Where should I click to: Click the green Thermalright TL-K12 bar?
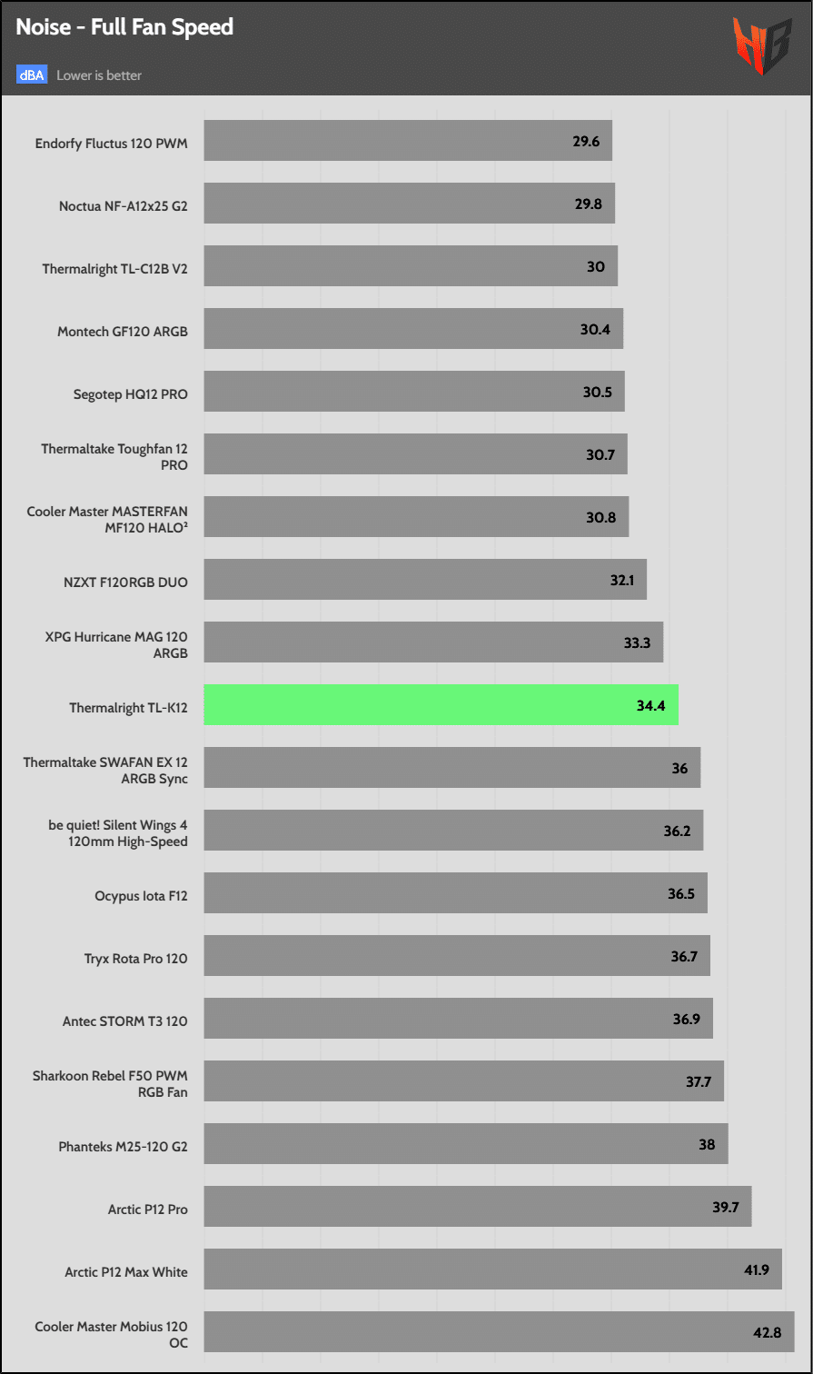click(x=441, y=704)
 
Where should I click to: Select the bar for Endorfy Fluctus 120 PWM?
click(x=407, y=140)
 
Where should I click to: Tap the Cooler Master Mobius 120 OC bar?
click(x=499, y=1331)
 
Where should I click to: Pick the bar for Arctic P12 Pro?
click(x=477, y=1206)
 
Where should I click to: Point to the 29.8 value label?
click(x=589, y=204)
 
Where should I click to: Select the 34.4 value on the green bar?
click(x=651, y=705)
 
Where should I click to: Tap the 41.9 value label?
click(x=757, y=1269)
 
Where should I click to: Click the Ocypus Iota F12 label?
click(x=141, y=895)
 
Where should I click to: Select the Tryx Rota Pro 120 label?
click(x=135, y=958)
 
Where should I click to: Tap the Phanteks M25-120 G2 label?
click(x=123, y=1146)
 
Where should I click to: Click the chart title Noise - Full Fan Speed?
click(x=124, y=27)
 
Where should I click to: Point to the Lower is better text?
click(x=99, y=75)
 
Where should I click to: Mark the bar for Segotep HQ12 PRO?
click(x=413, y=391)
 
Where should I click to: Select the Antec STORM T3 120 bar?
click(x=458, y=1018)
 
